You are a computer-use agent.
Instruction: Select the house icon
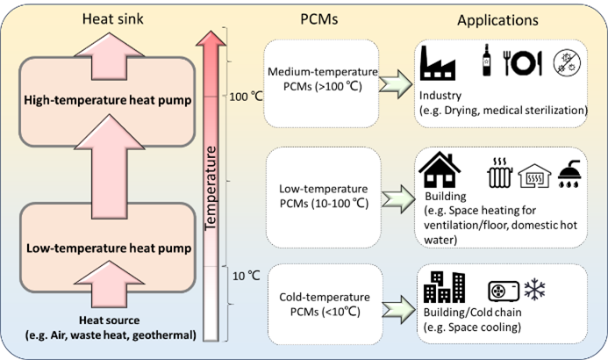[x=440, y=169]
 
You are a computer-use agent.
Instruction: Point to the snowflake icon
[x=533, y=290]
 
